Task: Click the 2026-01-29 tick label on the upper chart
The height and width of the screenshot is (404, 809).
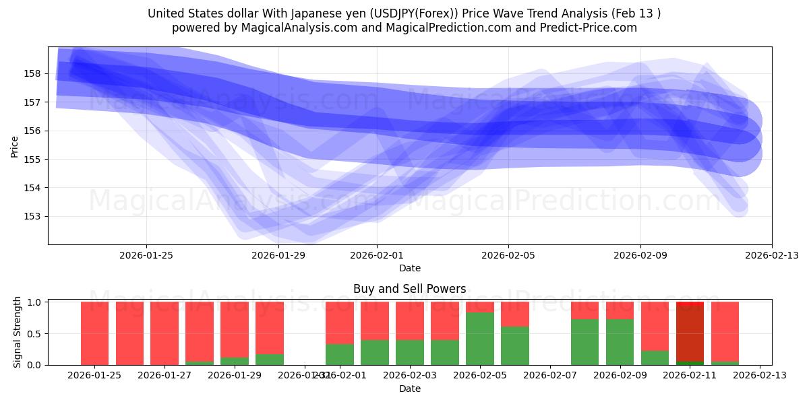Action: [278, 256]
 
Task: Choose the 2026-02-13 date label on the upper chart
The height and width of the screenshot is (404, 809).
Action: [771, 256]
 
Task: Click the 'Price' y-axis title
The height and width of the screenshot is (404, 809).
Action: [15, 145]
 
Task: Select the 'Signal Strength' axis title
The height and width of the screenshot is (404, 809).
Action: [18, 333]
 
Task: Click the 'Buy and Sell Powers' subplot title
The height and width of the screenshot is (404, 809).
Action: [409, 289]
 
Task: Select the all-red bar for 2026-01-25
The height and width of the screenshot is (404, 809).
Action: [94, 333]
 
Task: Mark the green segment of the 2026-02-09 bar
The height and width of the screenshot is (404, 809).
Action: [620, 342]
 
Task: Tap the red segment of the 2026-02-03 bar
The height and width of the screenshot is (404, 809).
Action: [410, 321]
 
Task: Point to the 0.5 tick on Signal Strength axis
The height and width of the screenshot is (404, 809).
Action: [35, 333]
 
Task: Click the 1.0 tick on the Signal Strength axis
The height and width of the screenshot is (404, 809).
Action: [35, 302]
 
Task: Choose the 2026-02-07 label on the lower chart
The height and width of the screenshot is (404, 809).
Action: [550, 375]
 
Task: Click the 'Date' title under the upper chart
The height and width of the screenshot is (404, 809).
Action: [409, 268]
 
